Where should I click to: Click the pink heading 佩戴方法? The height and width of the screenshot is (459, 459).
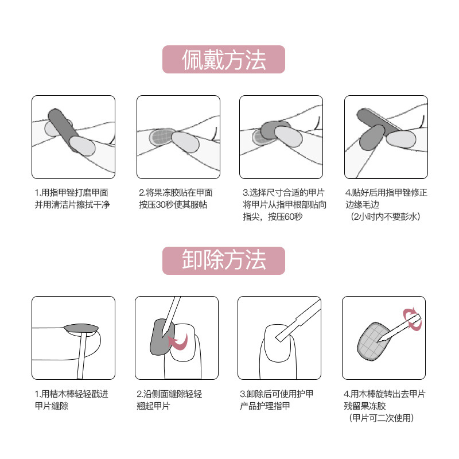(x=224, y=60)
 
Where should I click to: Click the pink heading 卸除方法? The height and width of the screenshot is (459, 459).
(x=224, y=260)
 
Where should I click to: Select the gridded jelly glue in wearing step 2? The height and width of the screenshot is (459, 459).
(x=161, y=137)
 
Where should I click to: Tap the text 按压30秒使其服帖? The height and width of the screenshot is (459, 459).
(x=173, y=204)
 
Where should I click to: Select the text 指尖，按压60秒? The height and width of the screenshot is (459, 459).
(x=273, y=217)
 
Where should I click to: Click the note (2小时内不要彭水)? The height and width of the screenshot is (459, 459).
(x=385, y=217)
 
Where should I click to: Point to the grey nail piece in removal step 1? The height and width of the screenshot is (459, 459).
(x=81, y=329)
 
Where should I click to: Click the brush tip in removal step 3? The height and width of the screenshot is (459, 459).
(x=279, y=338)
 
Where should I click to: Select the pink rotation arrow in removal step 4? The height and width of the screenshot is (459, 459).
(x=412, y=319)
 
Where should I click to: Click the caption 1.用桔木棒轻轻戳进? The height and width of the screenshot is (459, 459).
(x=71, y=394)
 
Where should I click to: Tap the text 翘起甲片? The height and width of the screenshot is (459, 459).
(x=153, y=406)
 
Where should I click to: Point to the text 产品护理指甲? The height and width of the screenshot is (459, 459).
(x=265, y=406)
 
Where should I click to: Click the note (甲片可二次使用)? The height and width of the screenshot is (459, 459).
(x=382, y=418)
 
